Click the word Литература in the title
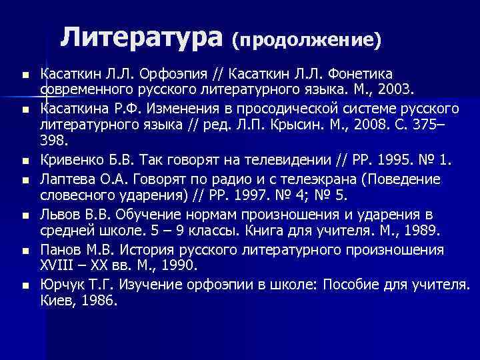tap(141, 37)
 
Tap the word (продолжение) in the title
tap(307, 40)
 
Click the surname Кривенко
tap(69, 160)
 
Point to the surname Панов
tap(60, 249)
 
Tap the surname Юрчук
tap(59, 284)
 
